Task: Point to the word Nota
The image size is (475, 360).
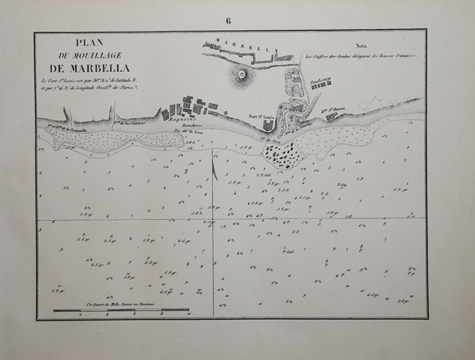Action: click(364, 47)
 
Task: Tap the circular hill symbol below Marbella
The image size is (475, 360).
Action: click(241, 76)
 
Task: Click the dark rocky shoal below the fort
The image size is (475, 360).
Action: click(283, 155)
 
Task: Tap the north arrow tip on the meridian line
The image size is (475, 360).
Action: click(214, 160)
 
